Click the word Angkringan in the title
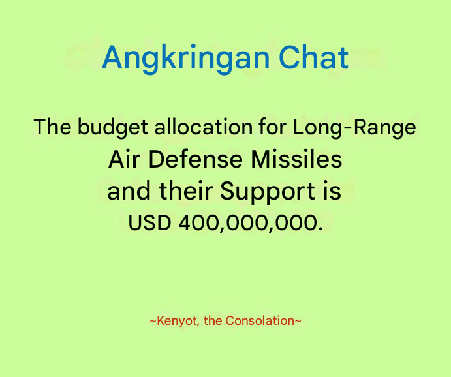[186, 59]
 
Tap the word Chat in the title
[313, 57]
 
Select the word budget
[113, 127]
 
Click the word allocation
[204, 127]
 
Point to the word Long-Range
[354, 127]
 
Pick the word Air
[125, 159]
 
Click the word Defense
[196, 159]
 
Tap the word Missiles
[296, 159]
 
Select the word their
[185, 191]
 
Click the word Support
[268, 192]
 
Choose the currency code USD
[149, 223]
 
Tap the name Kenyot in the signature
[177, 321]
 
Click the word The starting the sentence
[52, 127]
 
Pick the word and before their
[129, 191]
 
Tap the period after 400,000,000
[320, 229]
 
